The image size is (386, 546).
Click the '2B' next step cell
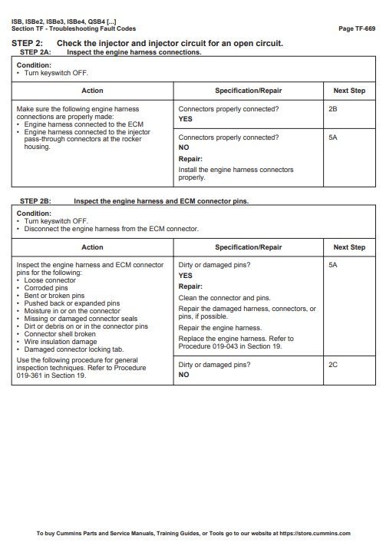tap(332, 110)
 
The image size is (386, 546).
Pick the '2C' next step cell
tap(332, 365)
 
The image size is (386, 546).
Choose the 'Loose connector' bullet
tap(51, 280)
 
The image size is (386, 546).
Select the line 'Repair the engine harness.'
tap(219, 328)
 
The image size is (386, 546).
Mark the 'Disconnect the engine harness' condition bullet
tap(111, 229)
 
